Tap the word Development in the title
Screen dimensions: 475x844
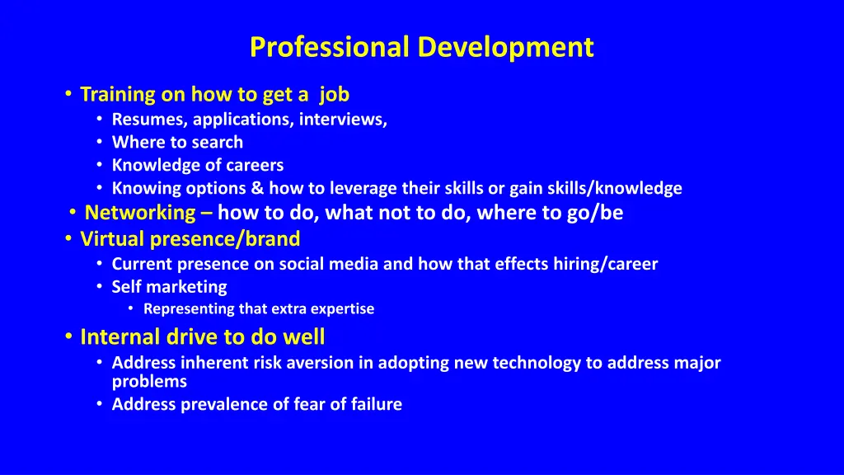(x=505, y=47)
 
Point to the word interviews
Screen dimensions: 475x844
(x=343, y=120)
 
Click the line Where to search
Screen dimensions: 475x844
(x=177, y=143)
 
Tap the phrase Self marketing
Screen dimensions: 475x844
(x=169, y=288)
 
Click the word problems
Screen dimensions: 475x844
(x=149, y=382)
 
